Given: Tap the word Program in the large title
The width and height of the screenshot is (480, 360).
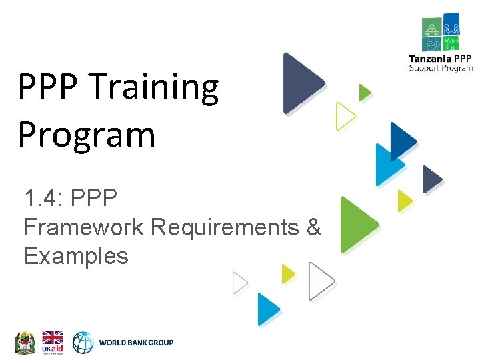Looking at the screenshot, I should [87, 135].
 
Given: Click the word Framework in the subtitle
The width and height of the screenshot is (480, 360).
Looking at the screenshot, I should [83, 227].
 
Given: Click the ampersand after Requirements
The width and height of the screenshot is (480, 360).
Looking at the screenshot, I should [313, 227].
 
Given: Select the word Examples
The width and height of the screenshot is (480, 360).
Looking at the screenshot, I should [76, 255].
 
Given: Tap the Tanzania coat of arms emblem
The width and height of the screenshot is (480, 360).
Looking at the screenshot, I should [25, 342].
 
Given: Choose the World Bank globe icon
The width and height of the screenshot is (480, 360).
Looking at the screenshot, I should [83, 342].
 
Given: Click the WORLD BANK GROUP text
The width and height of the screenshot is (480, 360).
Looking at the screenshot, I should [136, 343].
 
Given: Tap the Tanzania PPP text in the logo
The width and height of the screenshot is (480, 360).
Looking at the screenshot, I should [441, 59].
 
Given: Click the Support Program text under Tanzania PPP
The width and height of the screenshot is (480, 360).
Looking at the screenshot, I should [441, 67].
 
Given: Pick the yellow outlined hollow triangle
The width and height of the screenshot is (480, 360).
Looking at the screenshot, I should [344, 116].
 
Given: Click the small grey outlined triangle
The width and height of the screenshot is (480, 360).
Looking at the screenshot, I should [239, 283].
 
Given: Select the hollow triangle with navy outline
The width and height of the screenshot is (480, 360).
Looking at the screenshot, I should [320, 282].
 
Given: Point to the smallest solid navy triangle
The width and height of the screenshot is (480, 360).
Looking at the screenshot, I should [432, 179].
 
